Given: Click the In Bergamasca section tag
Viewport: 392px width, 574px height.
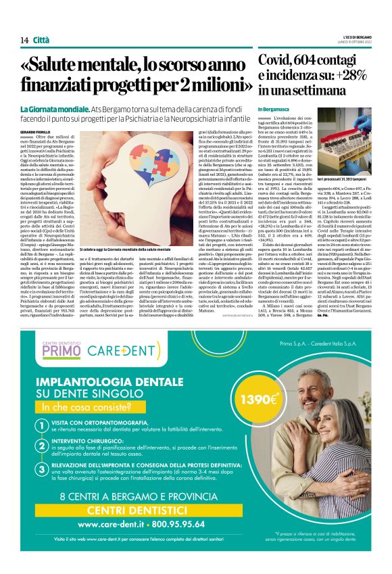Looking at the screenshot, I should click(273, 109).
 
